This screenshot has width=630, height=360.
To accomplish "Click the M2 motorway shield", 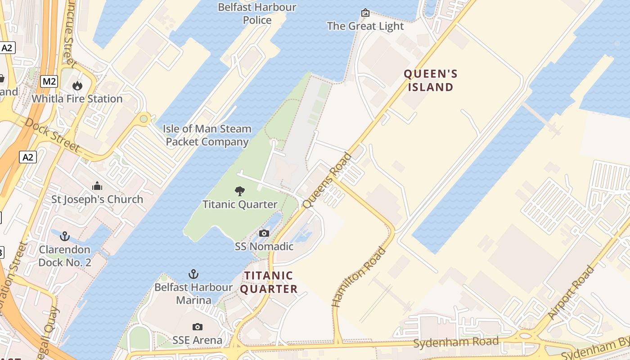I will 49,81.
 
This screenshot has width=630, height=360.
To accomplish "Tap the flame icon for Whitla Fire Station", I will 77,85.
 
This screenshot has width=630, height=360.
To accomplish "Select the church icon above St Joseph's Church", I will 97,186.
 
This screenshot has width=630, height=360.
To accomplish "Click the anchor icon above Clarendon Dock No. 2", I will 65,236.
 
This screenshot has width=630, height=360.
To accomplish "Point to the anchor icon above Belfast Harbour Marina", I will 193,274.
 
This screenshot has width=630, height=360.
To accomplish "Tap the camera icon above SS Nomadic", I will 264,233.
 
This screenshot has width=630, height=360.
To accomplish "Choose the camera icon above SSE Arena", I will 197,327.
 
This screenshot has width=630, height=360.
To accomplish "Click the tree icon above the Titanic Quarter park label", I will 240,191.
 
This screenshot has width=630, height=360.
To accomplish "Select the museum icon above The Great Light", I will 365,13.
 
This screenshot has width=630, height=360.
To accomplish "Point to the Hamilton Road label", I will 359,277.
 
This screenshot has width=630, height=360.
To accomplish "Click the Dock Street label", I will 52,135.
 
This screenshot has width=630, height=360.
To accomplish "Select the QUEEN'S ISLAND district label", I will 430,80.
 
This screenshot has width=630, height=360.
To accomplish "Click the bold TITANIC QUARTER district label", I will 269,282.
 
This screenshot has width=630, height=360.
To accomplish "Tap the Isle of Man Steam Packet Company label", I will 207,135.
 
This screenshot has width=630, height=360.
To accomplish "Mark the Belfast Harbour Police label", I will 257,13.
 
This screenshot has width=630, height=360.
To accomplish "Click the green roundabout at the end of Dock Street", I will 144,119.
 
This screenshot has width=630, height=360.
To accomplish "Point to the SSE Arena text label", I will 197,340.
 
